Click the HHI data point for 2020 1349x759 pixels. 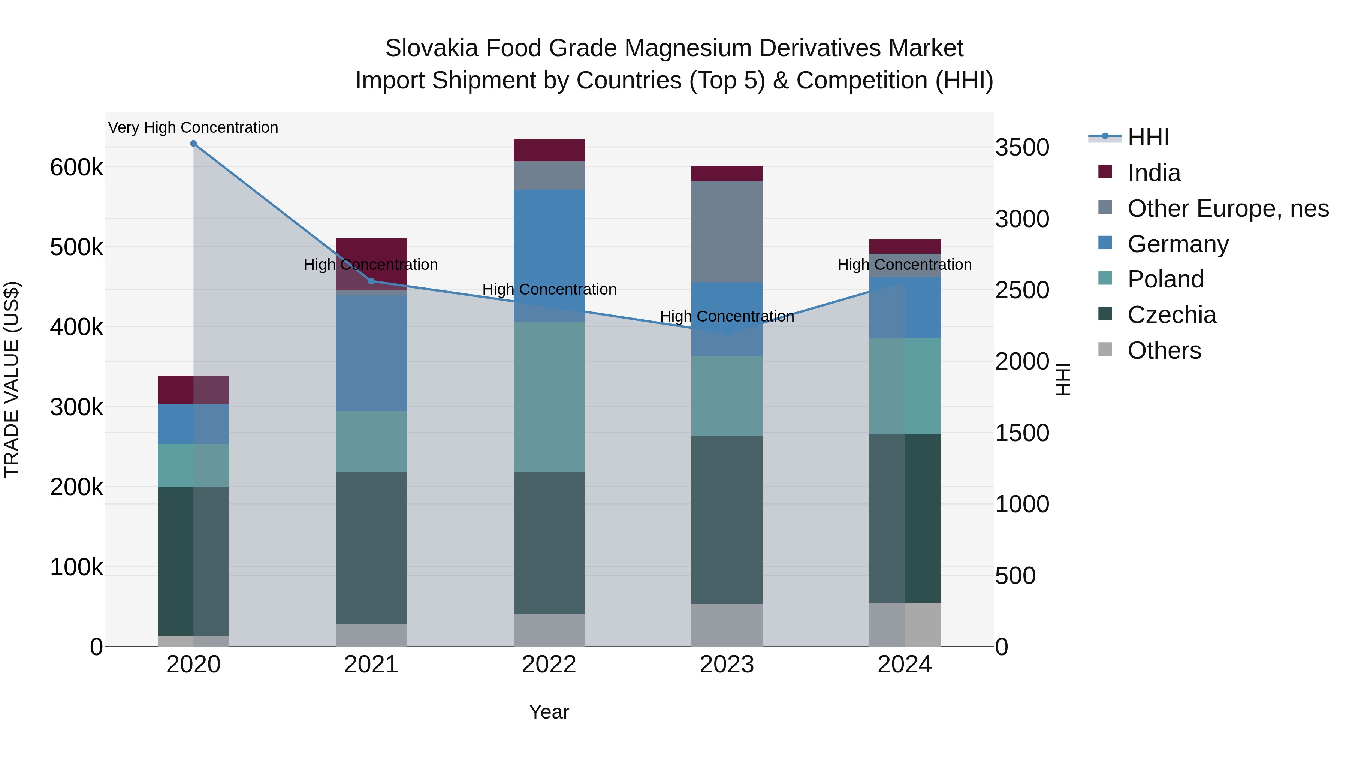click(193, 144)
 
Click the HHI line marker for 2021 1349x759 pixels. click(371, 281)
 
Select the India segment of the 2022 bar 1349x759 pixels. click(549, 150)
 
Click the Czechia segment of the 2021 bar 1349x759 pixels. click(371, 547)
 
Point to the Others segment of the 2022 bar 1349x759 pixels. click(549, 630)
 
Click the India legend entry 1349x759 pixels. click(1154, 173)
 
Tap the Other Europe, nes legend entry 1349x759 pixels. click(1228, 208)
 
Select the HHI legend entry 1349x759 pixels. click(1148, 137)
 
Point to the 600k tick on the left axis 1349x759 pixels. click(76, 168)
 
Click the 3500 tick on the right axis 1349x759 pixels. click(1022, 148)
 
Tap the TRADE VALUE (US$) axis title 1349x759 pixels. click(12, 379)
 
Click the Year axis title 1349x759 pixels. click(549, 712)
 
